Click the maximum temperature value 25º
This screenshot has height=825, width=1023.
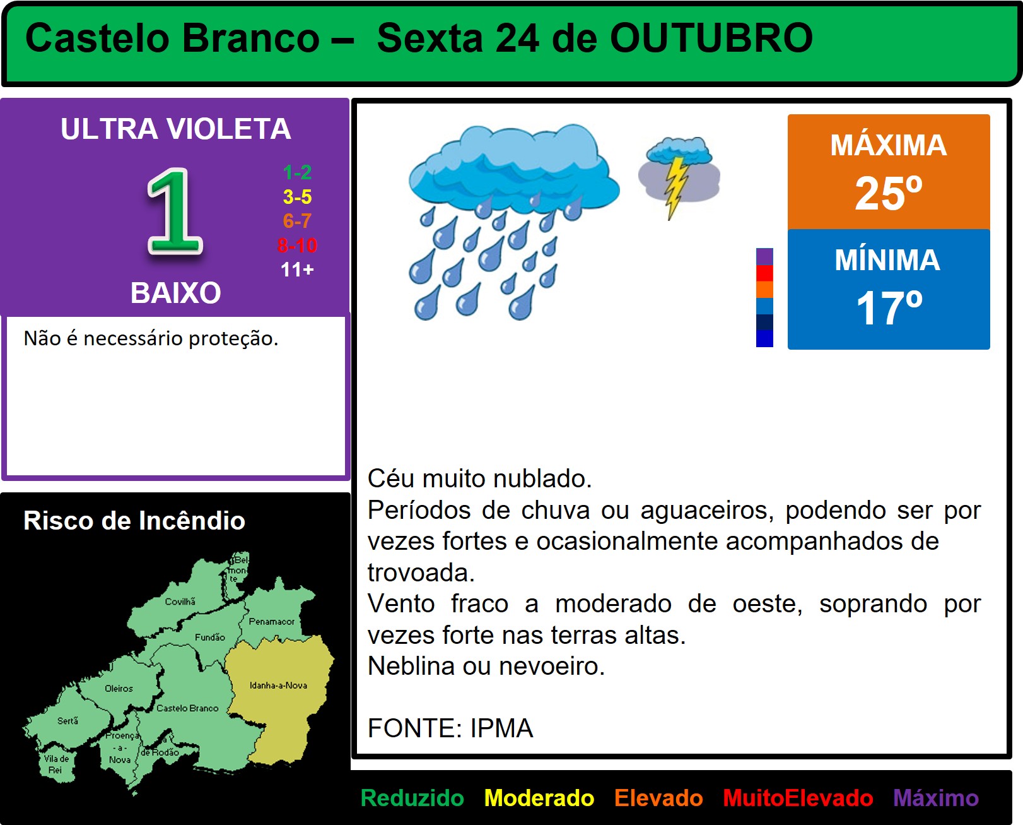(x=889, y=193)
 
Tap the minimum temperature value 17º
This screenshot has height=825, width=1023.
(x=889, y=308)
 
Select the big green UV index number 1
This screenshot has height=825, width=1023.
(x=175, y=211)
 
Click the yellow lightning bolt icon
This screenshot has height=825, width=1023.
(x=676, y=188)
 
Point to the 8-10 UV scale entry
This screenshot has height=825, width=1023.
(x=297, y=246)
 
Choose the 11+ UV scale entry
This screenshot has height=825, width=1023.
(x=297, y=270)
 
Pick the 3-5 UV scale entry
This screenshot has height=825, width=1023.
(x=297, y=196)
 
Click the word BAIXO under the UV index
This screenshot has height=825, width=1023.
(x=175, y=292)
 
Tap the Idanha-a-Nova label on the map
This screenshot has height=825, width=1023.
(x=278, y=686)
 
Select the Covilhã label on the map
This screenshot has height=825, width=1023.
(x=180, y=602)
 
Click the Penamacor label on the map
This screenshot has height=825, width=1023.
(x=271, y=621)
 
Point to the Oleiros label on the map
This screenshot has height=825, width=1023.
(x=119, y=689)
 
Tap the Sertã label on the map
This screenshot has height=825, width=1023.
(x=67, y=721)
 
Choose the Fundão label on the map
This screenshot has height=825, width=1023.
(x=209, y=637)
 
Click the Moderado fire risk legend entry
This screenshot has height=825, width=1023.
(x=539, y=798)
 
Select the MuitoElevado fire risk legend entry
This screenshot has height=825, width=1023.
(x=798, y=798)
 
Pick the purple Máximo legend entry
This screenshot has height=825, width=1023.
(x=936, y=798)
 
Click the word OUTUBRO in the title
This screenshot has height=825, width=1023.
(x=711, y=38)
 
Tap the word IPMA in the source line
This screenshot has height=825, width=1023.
(x=501, y=728)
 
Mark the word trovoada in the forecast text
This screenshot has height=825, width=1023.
(x=421, y=573)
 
